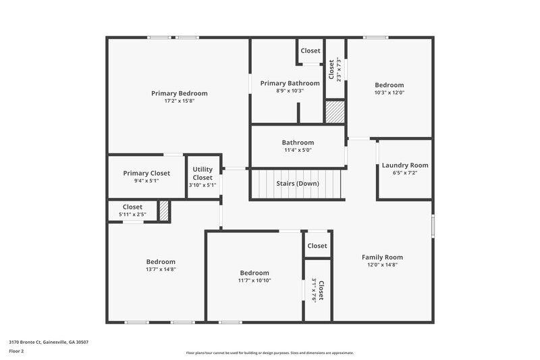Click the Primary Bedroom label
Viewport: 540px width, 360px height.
coord(179,93)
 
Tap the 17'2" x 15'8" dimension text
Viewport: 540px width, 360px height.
coord(179,101)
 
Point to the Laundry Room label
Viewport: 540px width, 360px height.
coord(405,165)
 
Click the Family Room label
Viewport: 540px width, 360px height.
coord(382,257)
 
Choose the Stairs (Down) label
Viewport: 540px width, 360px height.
coord(298,183)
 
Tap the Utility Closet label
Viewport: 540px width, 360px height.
coord(202,174)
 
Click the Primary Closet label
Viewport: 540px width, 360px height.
coord(146,173)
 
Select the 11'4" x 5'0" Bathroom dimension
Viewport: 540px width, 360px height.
coord(298,151)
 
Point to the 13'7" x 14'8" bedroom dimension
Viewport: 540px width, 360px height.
coord(161,269)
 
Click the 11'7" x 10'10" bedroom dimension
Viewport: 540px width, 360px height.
coord(254,280)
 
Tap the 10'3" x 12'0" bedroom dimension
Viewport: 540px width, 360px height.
coord(389,93)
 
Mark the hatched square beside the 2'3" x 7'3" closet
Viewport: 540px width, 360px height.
coord(335,112)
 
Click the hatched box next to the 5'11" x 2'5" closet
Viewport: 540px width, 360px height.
coord(163,211)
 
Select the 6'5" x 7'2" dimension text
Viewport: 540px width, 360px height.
coord(405,173)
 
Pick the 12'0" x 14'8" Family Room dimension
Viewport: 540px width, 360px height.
coord(382,265)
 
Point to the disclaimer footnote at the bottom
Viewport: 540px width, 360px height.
coord(269,353)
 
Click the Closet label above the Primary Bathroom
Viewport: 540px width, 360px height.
coord(310,51)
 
